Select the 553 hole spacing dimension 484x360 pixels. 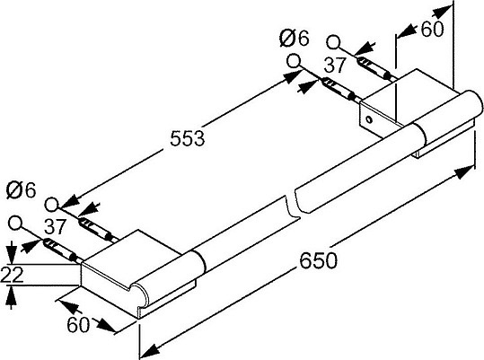coord(188,138)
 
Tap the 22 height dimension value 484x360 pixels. coord(12,275)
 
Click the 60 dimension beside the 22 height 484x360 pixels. coord(78,324)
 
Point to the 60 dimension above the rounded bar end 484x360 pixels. coord(433,29)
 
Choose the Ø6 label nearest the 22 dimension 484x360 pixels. coord(21,190)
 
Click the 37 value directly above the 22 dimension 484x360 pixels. coord(55,227)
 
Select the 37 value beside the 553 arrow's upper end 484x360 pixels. coord(335,66)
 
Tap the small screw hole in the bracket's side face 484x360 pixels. coord(368,119)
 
